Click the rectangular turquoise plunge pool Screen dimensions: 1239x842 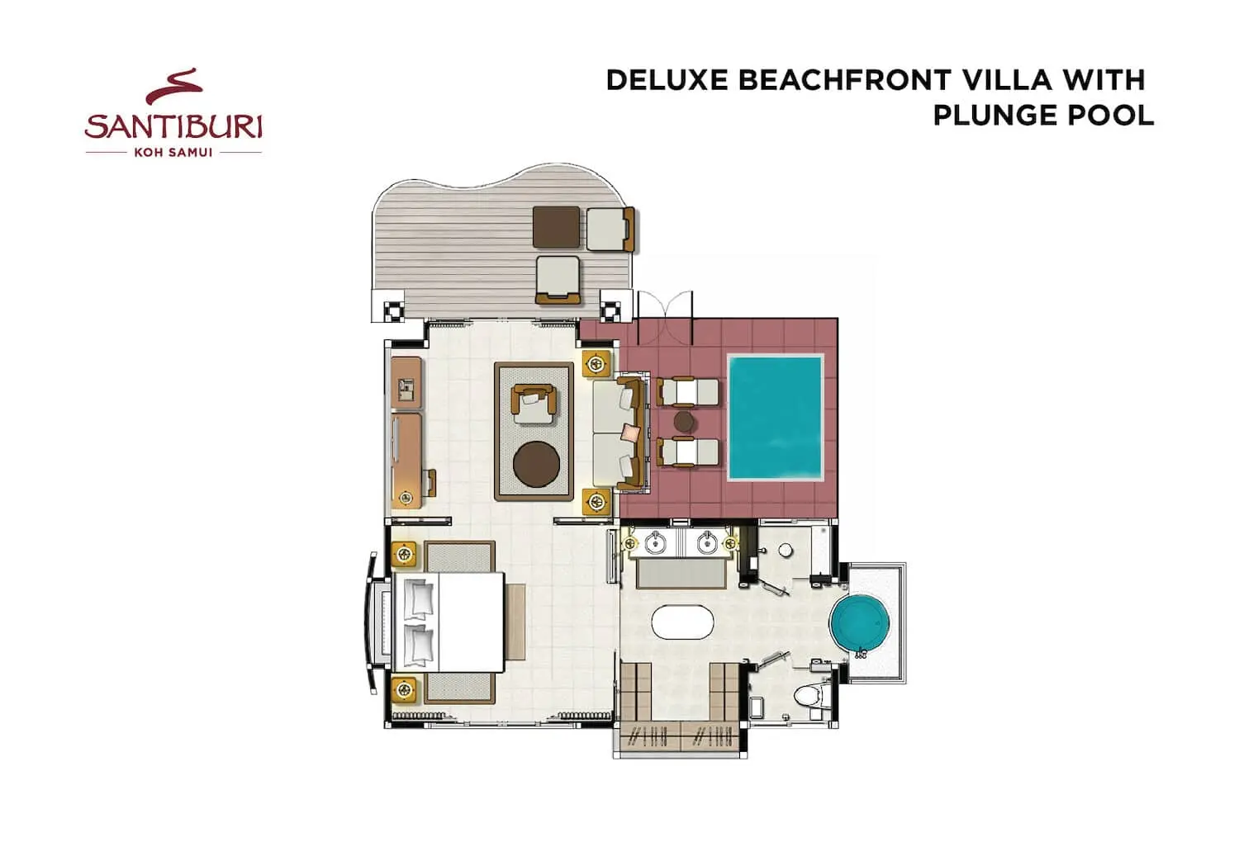coord(776,418)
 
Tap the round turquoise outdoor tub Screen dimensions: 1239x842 coord(860,623)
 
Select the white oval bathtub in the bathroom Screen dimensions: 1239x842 coord(682,622)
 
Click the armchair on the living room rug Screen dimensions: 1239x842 coord(533,404)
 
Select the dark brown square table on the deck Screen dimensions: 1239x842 coord(557,227)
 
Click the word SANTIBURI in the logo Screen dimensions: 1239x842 coord(173,126)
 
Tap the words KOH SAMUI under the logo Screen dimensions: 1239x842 coord(173,153)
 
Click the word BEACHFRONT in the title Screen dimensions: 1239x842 coord(845,81)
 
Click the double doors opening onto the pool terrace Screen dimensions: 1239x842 coord(666,317)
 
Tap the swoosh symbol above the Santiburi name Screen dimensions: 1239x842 coord(174,86)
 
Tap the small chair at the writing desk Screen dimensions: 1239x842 coord(430,483)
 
